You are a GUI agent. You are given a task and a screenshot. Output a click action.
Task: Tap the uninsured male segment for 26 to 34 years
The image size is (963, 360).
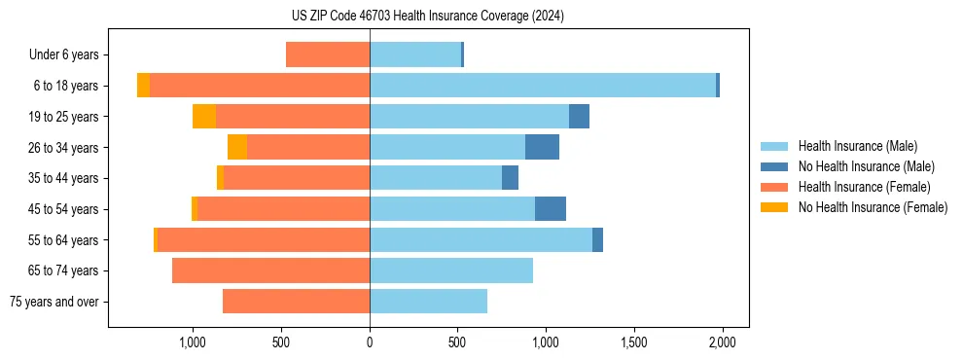pos(542,147)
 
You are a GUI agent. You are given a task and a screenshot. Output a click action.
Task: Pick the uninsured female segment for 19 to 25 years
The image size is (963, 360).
pos(204,117)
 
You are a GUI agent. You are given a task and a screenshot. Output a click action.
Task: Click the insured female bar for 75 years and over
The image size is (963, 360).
pos(296,302)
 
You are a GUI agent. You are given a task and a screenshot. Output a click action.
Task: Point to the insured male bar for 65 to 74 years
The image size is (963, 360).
pos(451,270)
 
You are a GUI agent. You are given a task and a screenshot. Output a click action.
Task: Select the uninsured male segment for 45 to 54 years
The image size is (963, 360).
pos(551,209)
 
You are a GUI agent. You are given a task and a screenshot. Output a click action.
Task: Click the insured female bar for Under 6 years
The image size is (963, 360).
pos(328,54)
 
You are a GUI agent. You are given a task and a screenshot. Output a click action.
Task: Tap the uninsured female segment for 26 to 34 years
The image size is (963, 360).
pos(237,147)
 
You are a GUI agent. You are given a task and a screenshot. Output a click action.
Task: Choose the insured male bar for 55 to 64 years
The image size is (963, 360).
pos(481,239)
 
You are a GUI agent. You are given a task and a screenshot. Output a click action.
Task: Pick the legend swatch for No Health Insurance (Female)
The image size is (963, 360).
pos(775,207)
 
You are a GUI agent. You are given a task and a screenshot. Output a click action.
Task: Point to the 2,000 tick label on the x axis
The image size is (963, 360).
pos(722,342)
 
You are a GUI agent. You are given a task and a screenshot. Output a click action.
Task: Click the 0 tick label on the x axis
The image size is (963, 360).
pos(370,342)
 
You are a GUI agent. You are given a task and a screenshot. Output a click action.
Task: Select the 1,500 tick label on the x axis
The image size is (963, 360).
pos(633,342)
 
